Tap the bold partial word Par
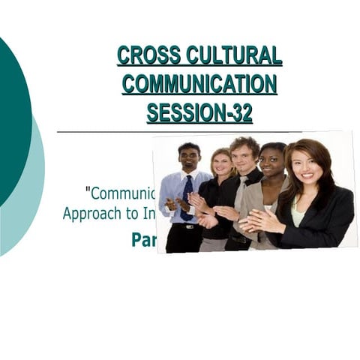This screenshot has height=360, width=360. [x=144, y=239]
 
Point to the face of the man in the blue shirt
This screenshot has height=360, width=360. [x=189, y=158]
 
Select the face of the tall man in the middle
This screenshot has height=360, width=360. [x=245, y=154]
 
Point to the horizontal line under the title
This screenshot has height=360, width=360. [x=105, y=132]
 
